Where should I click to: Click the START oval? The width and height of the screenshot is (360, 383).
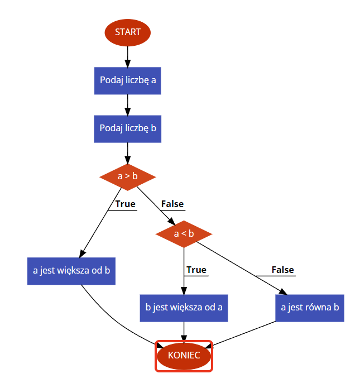[128, 32]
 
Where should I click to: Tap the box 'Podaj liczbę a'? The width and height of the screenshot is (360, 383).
[128, 80]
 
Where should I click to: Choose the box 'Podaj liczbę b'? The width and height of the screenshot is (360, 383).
[128, 128]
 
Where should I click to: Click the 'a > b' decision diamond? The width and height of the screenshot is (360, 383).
[128, 176]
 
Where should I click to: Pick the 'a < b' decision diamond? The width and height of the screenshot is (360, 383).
[184, 233]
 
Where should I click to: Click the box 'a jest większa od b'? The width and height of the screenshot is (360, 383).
[71, 271]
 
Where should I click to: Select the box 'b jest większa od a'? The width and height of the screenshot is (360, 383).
[184, 307]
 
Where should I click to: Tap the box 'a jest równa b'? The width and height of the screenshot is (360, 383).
[310, 307]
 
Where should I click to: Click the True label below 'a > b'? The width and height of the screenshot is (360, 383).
[125, 204]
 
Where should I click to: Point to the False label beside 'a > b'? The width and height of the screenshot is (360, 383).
[172, 204]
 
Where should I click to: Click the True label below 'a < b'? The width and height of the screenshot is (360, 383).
[196, 270]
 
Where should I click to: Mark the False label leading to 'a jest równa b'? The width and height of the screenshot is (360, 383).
[282, 270]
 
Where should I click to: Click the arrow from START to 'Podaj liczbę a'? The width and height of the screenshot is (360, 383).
[128, 56]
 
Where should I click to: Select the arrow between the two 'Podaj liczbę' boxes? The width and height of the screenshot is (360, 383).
[128, 104]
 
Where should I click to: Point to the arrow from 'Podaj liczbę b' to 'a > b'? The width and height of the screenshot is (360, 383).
[128, 152]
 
